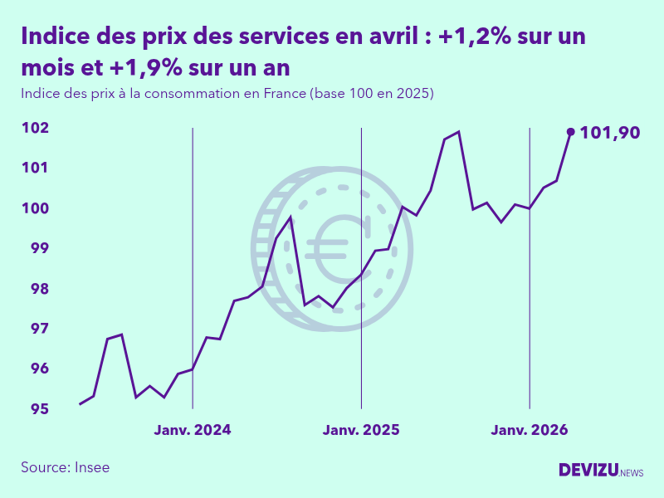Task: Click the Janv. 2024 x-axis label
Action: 193,430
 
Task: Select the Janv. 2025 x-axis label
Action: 361,430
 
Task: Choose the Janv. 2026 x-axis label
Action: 530,430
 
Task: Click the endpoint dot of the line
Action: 570,131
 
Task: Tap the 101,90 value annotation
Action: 610,132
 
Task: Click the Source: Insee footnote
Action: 66,467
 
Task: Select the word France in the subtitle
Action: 285,93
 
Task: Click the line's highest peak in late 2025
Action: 458,132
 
